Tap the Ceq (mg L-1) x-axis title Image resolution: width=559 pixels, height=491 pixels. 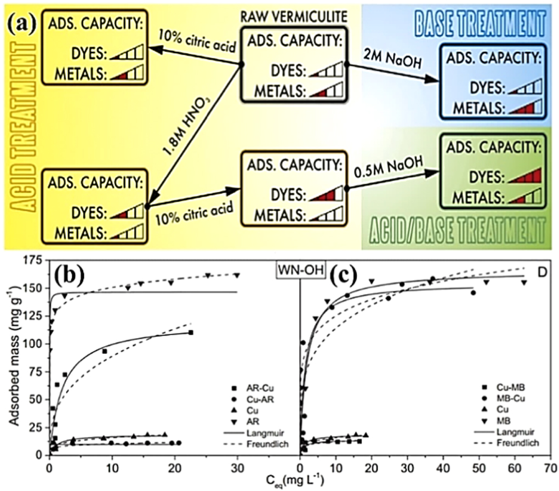(x=300, y=481)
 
